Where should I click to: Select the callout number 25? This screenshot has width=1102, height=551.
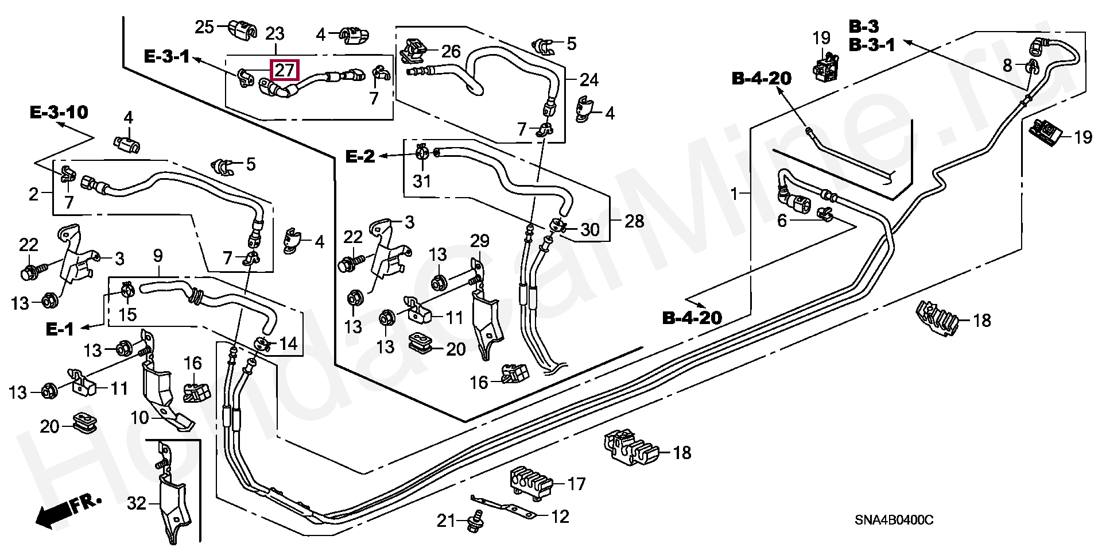tap(204, 26)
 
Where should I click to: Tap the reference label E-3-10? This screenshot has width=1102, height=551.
tap(59, 112)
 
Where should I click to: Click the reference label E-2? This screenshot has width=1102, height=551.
tap(360, 156)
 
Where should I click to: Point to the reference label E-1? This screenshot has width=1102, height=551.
tap(60, 329)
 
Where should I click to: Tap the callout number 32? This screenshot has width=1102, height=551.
tap(137, 504)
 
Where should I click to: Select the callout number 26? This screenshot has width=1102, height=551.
tap(451, 52)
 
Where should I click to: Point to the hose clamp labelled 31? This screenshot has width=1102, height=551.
tap(422, 153)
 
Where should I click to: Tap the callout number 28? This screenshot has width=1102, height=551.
tap(634, 221)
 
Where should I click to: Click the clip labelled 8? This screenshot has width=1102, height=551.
tap(1032, 68)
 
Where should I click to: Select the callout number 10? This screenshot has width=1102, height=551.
tap(139, 418)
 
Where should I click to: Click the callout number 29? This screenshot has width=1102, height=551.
tap(480, 241)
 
